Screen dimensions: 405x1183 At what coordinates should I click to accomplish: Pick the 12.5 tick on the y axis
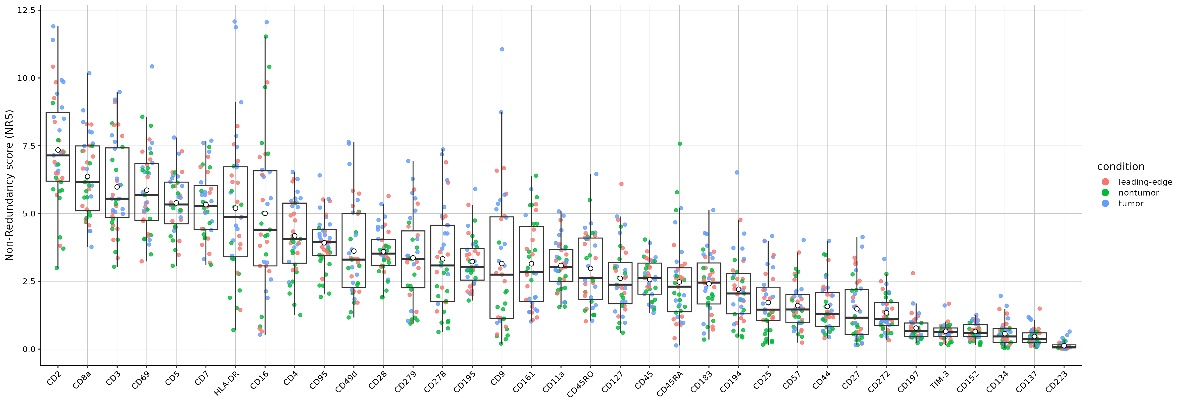coord(26,10)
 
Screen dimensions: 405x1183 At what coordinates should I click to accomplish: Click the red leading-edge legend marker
coord(1105,182)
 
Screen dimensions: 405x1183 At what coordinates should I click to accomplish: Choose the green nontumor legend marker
coord(1105,193)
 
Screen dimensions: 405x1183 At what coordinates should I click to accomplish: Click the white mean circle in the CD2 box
coord(58,150)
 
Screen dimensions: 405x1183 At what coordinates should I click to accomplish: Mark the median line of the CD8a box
coord(87,182)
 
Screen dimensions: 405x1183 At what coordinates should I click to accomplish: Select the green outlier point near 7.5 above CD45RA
coord(680,144)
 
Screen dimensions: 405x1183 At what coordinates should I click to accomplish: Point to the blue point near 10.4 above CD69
coord(152,67)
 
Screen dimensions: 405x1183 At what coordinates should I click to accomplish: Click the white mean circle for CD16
coord(265,213)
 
